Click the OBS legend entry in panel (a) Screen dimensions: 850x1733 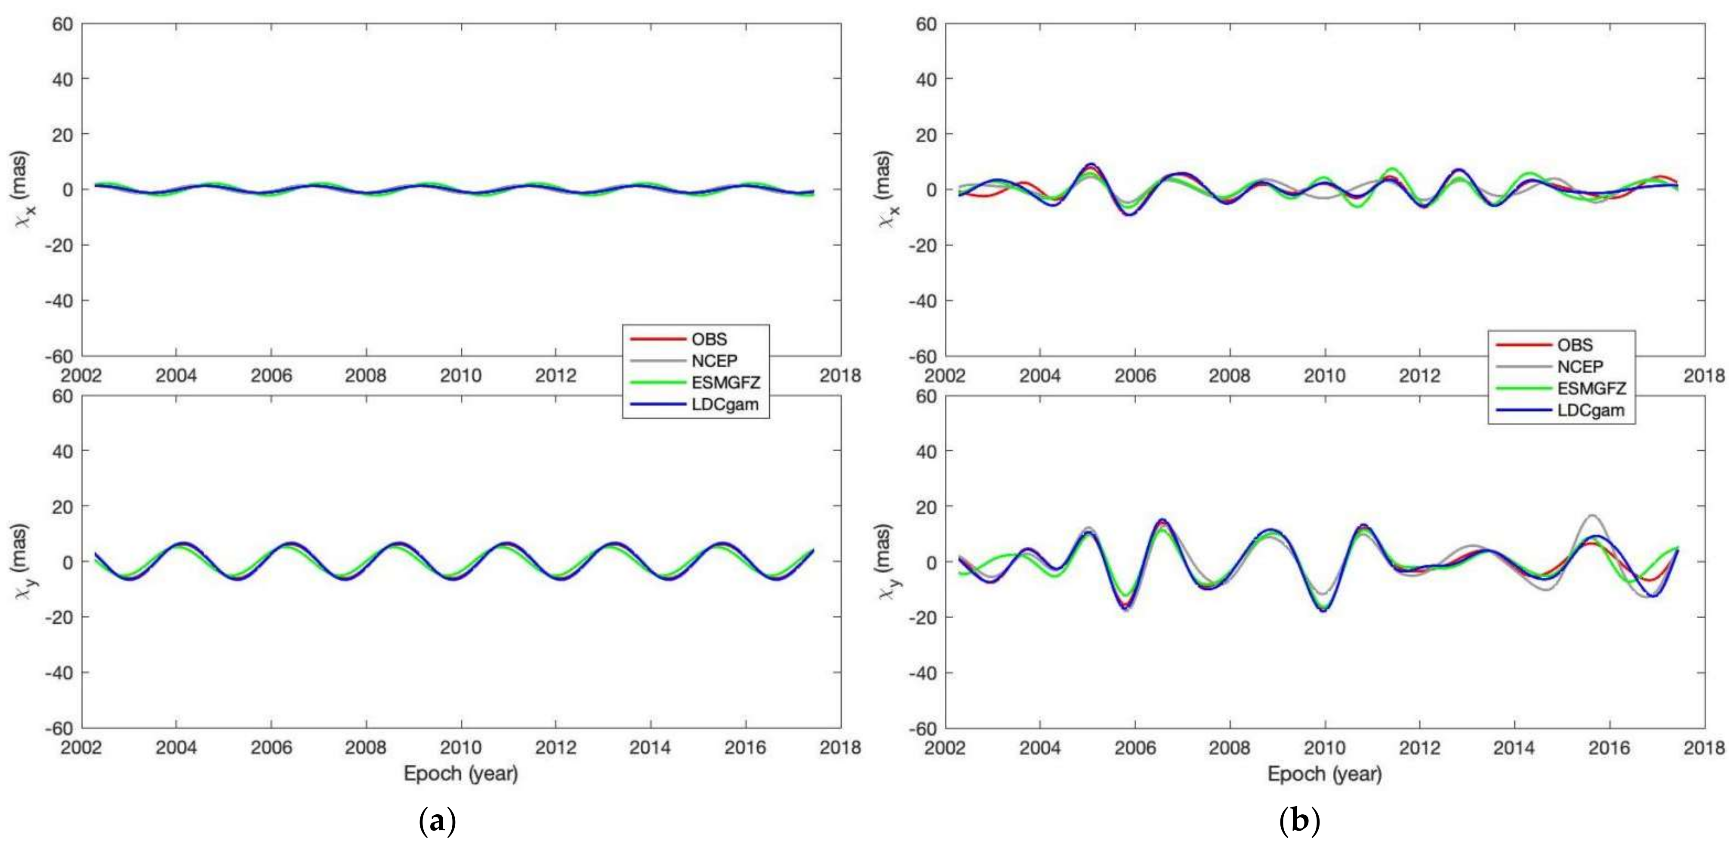coord(709,339)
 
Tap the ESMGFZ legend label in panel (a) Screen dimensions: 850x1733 coord(725,383)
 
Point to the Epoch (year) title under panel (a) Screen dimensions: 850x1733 coord(461,774)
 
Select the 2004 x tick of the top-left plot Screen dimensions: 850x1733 coord(176,375)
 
